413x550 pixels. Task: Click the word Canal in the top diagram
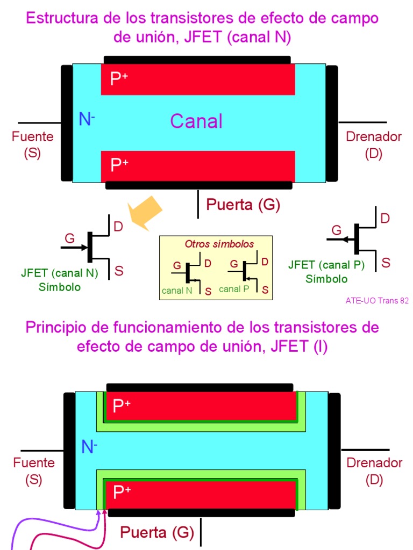tap(196, 121)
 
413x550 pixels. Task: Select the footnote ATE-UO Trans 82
tap(377, 301)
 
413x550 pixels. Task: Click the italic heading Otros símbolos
tap(219, 244)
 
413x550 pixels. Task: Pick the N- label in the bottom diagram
tap(89, 447)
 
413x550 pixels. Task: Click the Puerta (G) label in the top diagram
tap(243, 205)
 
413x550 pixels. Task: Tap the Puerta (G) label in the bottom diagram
tap(156, 532)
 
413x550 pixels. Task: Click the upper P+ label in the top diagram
tap(119, 79)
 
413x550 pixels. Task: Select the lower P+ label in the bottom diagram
tap(122, 493)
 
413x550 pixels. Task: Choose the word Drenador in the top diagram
tap(374, 136)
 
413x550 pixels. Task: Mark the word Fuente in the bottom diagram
tap(34, 462)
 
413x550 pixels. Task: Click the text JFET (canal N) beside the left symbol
tap(60, 273)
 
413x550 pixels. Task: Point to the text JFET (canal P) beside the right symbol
tap(326, 265)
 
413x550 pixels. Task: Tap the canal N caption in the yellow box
tap(177, 291)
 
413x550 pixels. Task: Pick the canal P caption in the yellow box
tap(234, 289)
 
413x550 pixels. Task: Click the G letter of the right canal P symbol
tap(337, 230)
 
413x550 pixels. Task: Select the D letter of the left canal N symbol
tap(118, 227)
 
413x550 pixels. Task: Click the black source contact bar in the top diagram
tap(67, 123)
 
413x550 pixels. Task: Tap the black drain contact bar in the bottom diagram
tap(334, 451)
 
